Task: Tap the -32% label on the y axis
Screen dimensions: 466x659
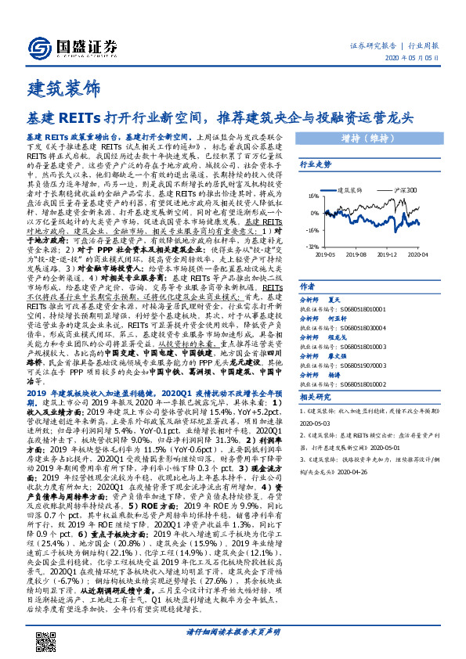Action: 311,245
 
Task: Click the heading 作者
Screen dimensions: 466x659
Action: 308,286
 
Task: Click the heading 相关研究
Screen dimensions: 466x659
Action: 316,398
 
